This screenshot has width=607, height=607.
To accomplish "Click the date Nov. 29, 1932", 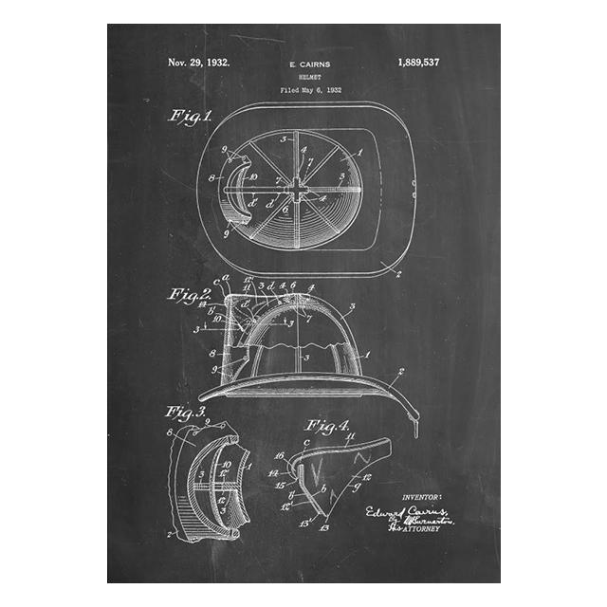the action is point(198,64).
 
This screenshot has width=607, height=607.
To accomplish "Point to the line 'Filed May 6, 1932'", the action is point(310,90).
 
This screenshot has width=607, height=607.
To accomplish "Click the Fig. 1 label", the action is point(189,116).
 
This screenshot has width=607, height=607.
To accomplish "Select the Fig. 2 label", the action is point(190,294).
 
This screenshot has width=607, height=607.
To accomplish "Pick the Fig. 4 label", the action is point(327,424).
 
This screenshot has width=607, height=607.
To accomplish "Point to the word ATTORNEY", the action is point(423,528).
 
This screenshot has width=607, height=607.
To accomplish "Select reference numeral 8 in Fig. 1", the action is point(211,177).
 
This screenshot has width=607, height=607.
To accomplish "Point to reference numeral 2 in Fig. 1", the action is point(397,275).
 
